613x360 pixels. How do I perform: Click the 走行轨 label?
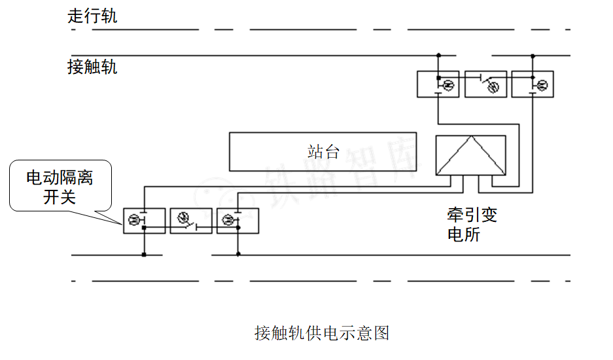point(92,16)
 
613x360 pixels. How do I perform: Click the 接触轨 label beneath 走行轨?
point(92,67)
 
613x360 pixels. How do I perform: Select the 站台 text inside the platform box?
point(323,152)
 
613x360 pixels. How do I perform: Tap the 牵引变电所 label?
point(472,225)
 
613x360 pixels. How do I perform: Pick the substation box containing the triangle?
point(470,156)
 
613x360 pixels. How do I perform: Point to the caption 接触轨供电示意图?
point(322,333)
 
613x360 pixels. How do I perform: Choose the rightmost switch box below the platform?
point(237,221)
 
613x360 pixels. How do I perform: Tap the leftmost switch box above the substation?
point(438,84)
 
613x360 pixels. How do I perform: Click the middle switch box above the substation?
point(485,84)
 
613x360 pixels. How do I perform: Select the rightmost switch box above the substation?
point(533,84)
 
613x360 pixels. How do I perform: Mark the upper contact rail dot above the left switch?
point(438,55)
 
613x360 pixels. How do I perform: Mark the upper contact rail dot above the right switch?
point(533,55)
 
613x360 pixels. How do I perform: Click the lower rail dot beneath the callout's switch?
point(144,255)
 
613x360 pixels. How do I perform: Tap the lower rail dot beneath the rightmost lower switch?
point(237,255)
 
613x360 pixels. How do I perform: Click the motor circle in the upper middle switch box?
point(494,86)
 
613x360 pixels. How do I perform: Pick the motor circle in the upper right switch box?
point(542,85)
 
